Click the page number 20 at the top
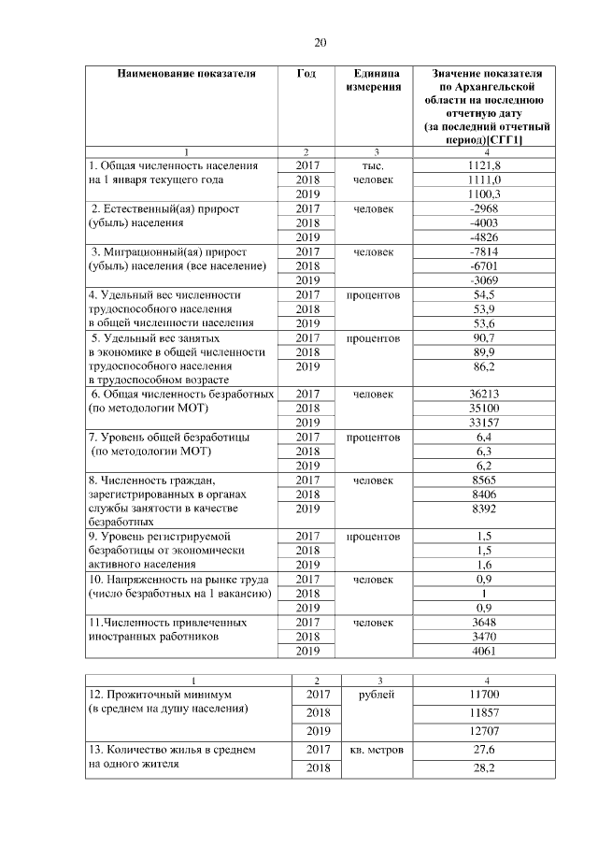(320, 41)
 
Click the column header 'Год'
(306, 73)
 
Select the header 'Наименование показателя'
(185, 73)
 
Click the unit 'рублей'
(377, 695)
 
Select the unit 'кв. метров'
(377, 750)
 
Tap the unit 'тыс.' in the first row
(377, 165)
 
